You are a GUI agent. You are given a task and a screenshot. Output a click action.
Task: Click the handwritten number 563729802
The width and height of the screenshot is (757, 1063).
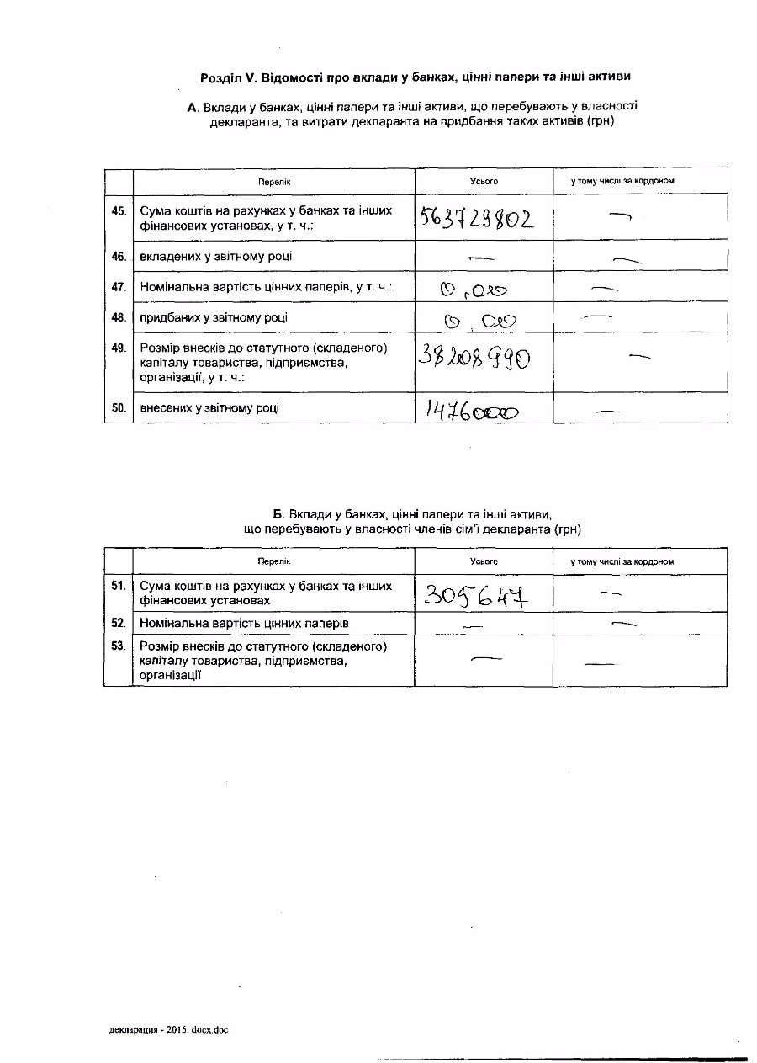[x=476, y=219]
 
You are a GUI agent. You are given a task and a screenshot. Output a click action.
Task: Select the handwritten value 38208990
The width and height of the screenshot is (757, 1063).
[x=474, y=359]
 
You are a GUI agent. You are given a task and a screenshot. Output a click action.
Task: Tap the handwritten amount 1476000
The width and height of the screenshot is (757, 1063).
[x=472, y=411]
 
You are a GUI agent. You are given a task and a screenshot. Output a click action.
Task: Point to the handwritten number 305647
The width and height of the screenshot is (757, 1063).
[x=477, y=596]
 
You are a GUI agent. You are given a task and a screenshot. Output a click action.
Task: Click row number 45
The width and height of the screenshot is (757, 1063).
[x=119, y=210]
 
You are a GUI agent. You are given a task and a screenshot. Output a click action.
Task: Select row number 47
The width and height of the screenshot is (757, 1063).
[x=119, y=287]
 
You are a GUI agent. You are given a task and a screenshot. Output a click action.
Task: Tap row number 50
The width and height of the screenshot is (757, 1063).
[x=119, y=408]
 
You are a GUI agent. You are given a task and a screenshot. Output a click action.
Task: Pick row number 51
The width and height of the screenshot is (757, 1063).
[x=119, y=585]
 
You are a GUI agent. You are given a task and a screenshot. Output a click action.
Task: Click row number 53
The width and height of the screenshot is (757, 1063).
[x=119, y=646]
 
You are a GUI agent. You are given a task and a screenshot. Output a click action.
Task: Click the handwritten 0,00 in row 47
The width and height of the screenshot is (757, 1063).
[x=474, y=290]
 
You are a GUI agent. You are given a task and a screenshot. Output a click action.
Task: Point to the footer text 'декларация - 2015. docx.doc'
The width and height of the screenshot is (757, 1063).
[x=168, y=1029]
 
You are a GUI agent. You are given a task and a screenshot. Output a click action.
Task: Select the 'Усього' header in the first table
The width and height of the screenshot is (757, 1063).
[x=484, y=181]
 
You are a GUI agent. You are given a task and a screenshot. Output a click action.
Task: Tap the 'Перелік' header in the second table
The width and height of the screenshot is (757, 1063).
[x=273, y=561]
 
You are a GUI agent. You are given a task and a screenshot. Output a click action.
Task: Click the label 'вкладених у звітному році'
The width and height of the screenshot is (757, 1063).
[x=216, y=256]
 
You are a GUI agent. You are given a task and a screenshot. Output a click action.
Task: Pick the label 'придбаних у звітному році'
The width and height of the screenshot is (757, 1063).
[x=214, y=317]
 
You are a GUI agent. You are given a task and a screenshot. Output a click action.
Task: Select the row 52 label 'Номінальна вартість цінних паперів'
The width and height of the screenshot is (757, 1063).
[x=244, y=623]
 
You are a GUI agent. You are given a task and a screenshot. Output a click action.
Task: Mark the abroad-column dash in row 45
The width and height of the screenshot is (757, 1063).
[x=621, y=215]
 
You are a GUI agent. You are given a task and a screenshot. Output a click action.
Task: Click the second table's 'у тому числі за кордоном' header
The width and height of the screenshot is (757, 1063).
[x=622, y=561]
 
